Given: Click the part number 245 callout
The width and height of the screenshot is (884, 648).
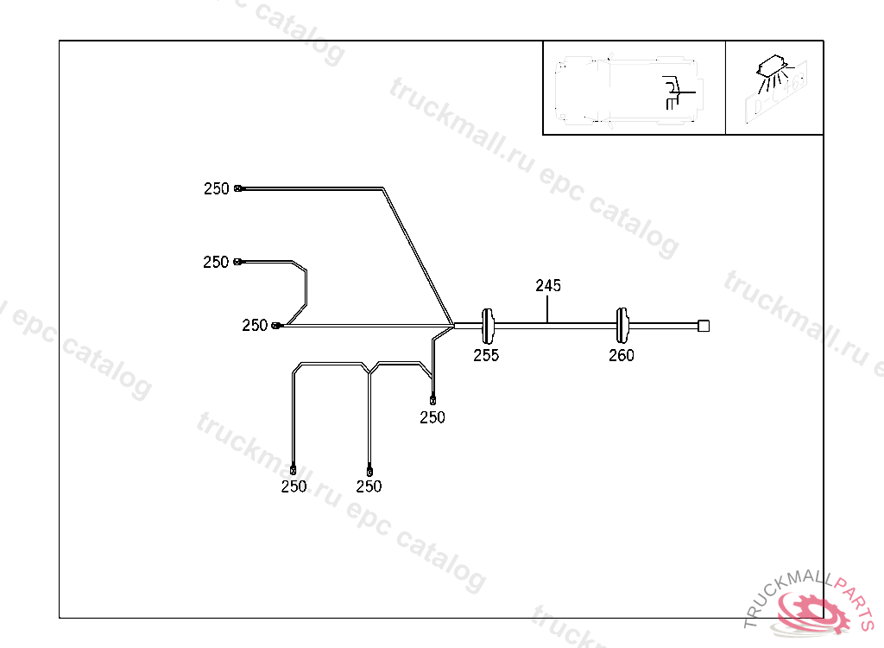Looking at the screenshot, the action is coord(548,285).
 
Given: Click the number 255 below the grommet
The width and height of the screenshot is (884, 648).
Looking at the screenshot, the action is coord(486,355).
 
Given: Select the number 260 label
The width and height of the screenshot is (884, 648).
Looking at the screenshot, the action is coord(622,355).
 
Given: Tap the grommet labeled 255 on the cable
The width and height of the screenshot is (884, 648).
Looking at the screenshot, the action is coord(489,325).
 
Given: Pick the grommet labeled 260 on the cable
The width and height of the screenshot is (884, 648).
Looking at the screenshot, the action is coord(622,325).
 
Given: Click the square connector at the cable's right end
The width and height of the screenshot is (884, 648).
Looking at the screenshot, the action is coord(703,325).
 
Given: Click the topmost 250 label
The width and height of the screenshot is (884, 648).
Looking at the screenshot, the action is coord(217,188).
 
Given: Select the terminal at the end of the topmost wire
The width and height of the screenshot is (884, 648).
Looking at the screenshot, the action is coord(238,187).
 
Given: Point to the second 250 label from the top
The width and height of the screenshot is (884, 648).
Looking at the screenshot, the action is coord(216,262).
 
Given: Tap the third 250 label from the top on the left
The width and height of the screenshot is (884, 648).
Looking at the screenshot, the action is coord(255,326).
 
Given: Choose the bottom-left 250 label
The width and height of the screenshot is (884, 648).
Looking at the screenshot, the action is coord(294,486).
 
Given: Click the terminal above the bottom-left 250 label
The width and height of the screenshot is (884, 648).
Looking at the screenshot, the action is coord(294,470).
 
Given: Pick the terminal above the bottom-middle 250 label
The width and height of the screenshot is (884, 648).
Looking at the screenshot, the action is coord(369,470).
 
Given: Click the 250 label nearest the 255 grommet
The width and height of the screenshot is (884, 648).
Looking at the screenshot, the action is coord(433,417).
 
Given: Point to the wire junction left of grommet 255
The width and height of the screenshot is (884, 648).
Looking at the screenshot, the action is coord(452,326).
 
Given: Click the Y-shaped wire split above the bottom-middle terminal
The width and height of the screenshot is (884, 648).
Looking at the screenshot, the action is coord(369,370).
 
